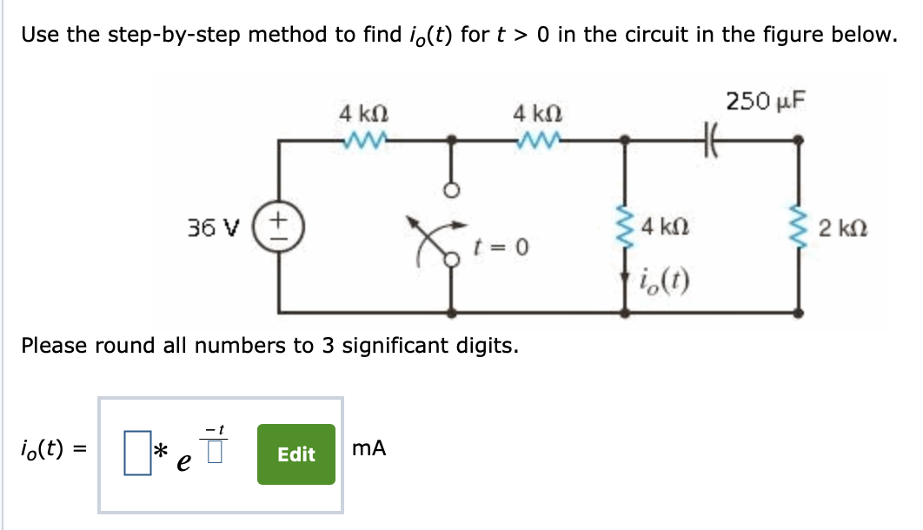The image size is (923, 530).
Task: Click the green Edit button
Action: pyautogui.click(x=295, y=454)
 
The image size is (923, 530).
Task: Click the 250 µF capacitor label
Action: pyautogui.click(x=766, y=101)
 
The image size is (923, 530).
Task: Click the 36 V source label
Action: pyautogui.click(x=206, y=229)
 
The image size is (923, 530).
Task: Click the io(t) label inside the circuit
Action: pyautogui.click(x=663, y=279)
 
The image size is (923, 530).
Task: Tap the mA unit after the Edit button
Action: pyautogui.click(x=369, y=449)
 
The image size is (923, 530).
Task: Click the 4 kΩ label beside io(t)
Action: pyautogui.click(x=666, y=230)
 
